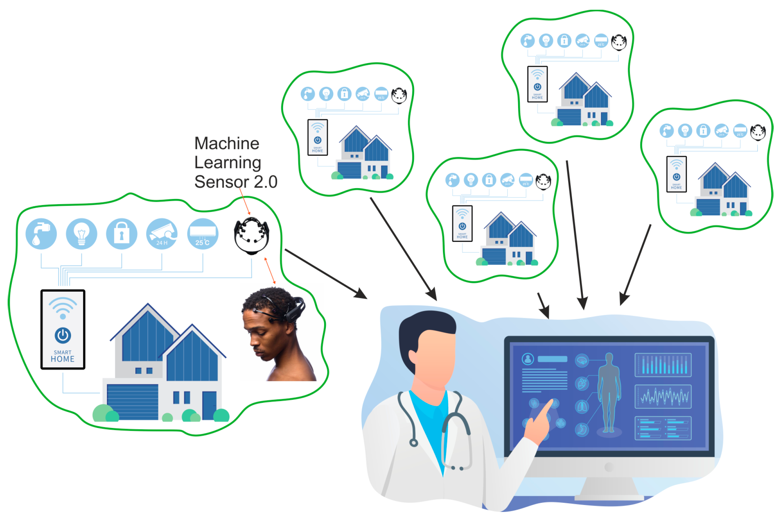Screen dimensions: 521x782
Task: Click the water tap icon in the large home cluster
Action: pyautogui.click(x=41, y=233)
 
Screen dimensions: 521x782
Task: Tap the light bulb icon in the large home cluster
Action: pyautogui.click(x=81, y=233)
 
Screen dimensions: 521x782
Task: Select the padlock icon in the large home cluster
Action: pyautogui.click(x=122, y=233)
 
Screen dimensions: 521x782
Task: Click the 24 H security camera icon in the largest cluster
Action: pyautogui.click(x=162, y=233)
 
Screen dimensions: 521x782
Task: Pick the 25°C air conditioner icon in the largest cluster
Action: pyautogui.click(x=203, y=233)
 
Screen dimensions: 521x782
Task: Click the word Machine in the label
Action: pyautogui.click(x=227, y=143)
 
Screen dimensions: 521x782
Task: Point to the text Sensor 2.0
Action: pyautogui.click(x=236, y=182)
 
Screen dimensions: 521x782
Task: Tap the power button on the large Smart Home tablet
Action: pyautogui.click(x=63, y=335)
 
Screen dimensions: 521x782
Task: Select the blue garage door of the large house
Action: pyautogui.click(x=132, y=402)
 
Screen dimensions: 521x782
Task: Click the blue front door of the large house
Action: pyautogui.click(x=209, y=405)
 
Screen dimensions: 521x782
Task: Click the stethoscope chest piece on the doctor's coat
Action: pyautogui.click(x=414, y=443)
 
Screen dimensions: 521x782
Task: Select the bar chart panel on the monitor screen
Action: pyautogui.click(x=663, y=365)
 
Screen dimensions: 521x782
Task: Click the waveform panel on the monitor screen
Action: pyautogui.click(x=663, y=397)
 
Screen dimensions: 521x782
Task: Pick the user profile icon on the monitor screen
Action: pyautogui.click(x=528, y=359)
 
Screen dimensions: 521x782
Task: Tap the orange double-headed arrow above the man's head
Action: pyautogui.click(x=270, y=270)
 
